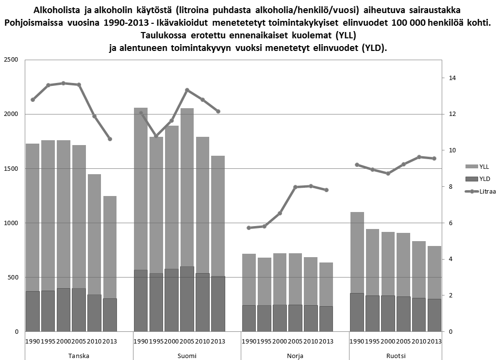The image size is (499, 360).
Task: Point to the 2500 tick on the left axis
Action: click(11, 60)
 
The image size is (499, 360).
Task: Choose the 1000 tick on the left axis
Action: click(11, 223)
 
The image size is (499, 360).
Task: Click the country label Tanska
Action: click(79, 355)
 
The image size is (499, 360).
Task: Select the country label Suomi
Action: click(187, 355)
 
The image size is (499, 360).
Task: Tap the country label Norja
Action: click(295, 355)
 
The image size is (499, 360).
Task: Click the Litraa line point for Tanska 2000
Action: click(64, 83)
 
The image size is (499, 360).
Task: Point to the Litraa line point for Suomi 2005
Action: click(187, 90)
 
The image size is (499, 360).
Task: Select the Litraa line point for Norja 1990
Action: click(249, 228)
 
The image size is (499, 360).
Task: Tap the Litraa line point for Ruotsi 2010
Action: click(419, 157)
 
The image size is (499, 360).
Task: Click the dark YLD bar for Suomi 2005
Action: click(187, 299)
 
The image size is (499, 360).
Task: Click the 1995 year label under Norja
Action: click(265, 342)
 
